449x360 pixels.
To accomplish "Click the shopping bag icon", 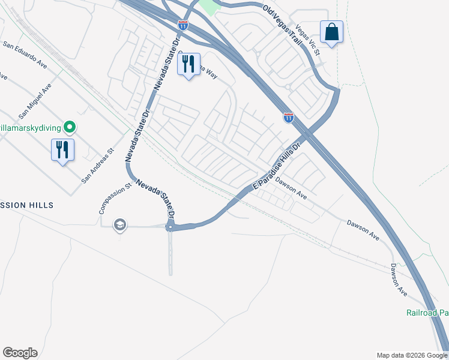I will [331, 32].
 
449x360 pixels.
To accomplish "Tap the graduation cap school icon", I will [119, 225].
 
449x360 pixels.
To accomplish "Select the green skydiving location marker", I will [70, 127].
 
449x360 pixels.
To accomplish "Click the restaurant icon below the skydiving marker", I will [62, 149].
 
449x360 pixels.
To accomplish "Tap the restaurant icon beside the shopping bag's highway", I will [189, 65].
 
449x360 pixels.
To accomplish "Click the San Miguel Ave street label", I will [35, 100].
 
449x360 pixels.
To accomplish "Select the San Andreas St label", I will [97, 166].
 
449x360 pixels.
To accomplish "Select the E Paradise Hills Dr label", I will [276, 165].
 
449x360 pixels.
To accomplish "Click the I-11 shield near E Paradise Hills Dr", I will [289, 117].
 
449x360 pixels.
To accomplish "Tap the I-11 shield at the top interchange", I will [183, 25].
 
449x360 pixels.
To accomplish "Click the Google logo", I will [20, 353].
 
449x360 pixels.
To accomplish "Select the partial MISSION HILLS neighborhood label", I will [26, 205].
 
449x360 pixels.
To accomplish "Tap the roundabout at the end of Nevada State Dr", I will [170, 226].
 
